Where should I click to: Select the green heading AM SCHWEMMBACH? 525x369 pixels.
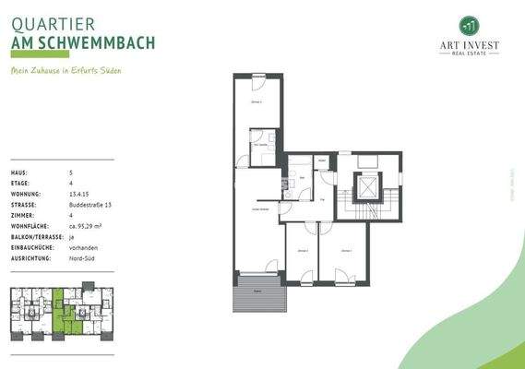pyautogui.click(x=83, y=43)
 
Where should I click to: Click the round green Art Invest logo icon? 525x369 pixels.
pyautogui.click(x=469, y=25)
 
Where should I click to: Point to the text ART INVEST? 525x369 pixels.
pyautogui.click(x=469, y=44)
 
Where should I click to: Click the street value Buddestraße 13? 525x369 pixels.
pyautogui.click(x=91, y=204)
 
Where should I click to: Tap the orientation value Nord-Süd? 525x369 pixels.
pyautogui.click(x=84, y=258)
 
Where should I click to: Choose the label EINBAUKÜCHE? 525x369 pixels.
pyautogui.click(x=32, y=247)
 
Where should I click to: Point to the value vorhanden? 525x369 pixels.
pyautogui.click(x=85, y=247)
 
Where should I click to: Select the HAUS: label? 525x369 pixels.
pyautogui.click(x=18, y=173)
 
